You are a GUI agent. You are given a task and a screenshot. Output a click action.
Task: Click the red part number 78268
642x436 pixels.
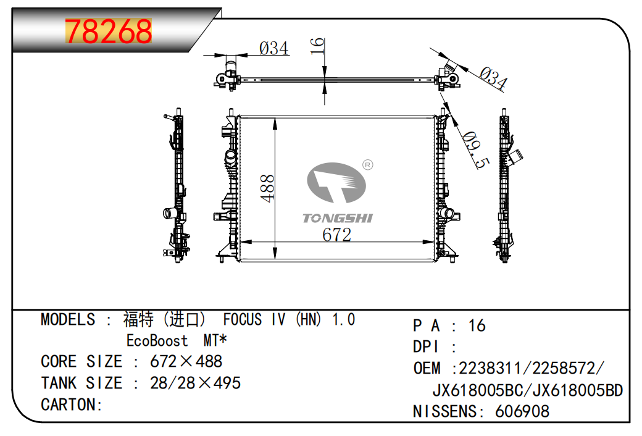click(109, 31)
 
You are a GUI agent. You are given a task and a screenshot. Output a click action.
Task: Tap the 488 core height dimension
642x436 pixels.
click(267, 188)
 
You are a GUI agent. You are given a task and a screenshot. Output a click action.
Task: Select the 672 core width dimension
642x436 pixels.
click(336, 235)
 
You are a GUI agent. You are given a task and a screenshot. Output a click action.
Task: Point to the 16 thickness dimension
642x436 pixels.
click(317, 46)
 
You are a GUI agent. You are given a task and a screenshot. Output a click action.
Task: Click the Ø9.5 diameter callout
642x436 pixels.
click(475, 151)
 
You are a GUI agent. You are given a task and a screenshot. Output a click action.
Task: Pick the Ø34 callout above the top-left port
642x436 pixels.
click(274, 48)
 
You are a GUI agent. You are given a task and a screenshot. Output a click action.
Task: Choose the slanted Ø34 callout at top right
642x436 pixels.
click(493, 78)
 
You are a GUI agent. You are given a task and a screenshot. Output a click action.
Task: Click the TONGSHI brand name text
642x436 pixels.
click(338, 218)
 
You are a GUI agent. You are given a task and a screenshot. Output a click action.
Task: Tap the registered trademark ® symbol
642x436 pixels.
click(368, 165)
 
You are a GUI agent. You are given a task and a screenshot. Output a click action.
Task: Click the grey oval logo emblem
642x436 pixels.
click(336, 182)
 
